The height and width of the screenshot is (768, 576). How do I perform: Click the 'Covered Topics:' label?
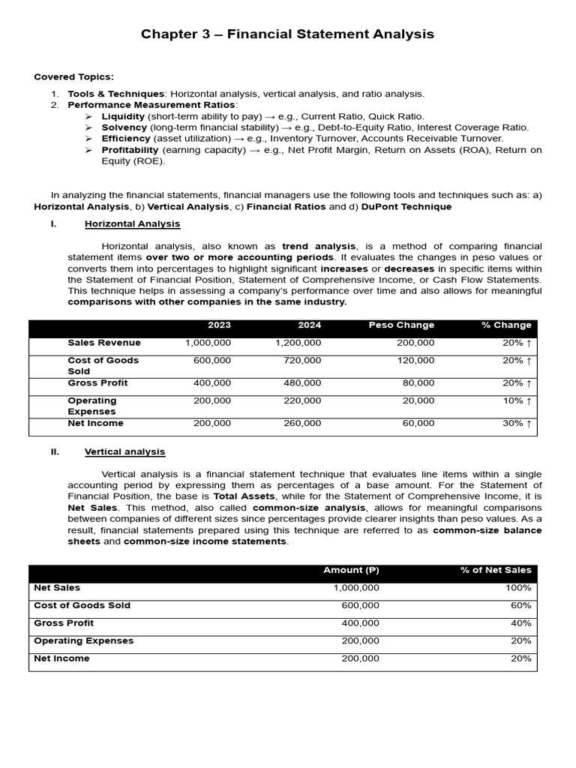[x=74, y=76]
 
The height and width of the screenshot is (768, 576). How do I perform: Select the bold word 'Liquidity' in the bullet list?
[x=124, y=116]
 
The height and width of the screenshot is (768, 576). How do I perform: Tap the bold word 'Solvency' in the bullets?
[x=124, y=127]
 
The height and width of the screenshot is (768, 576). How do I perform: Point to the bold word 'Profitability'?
[x=130, y=150]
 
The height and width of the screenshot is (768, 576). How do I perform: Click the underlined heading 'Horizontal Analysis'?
[x=132, y=223]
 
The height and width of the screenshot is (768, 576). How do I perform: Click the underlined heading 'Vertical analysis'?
[x=124, y=451]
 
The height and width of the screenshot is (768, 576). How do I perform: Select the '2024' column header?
[x=309, y=325]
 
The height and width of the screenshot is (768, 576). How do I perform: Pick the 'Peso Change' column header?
[x=401, y=325]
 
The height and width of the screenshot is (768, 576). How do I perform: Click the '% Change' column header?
[x=506, y=325]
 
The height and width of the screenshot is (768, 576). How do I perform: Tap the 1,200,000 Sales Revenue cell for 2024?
[x=298, y=343]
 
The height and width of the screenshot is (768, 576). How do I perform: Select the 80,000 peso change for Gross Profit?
[x=418, y=382]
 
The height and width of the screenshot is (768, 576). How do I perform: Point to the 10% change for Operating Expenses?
[x=517, y=400]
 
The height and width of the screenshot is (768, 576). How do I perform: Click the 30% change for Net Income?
[x=517, y=423]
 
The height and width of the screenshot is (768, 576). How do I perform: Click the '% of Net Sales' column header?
[x=496, y=570]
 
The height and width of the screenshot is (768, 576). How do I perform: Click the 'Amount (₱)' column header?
[x=351, y=570]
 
